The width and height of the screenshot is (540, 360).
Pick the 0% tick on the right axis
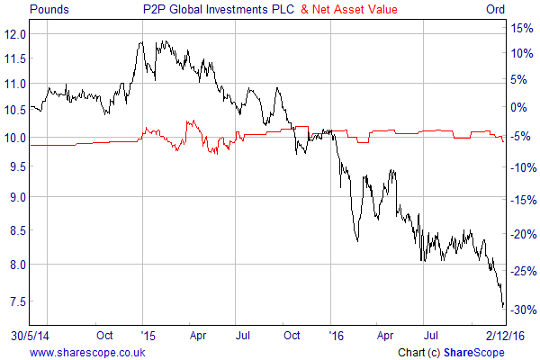coord(521,107)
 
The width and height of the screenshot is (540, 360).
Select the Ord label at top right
coord(519,10)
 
